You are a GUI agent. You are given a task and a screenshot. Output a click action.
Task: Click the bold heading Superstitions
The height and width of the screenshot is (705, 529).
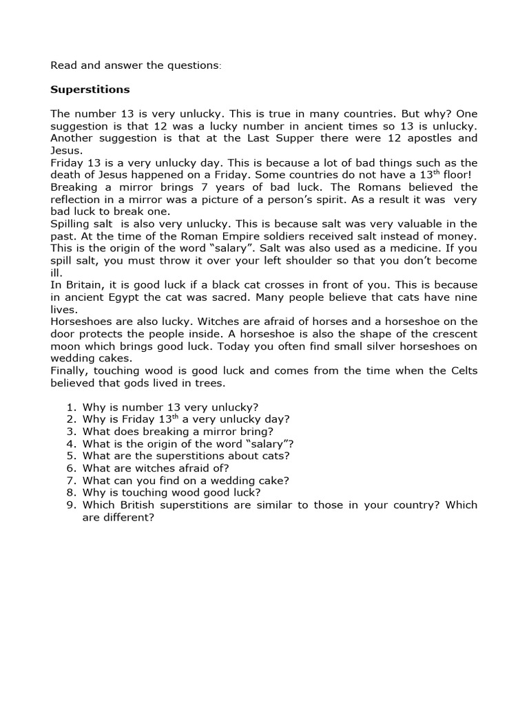[90, 90]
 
